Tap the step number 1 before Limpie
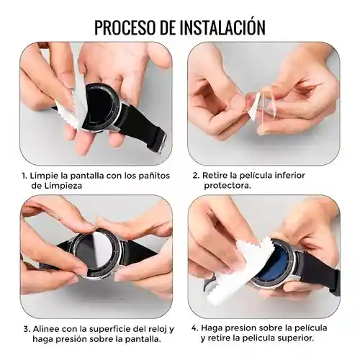[x=23, y=175]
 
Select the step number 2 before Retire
[x=195, y=175]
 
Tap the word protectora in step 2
[x=226, y=186]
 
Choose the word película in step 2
[x=254, y=175]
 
